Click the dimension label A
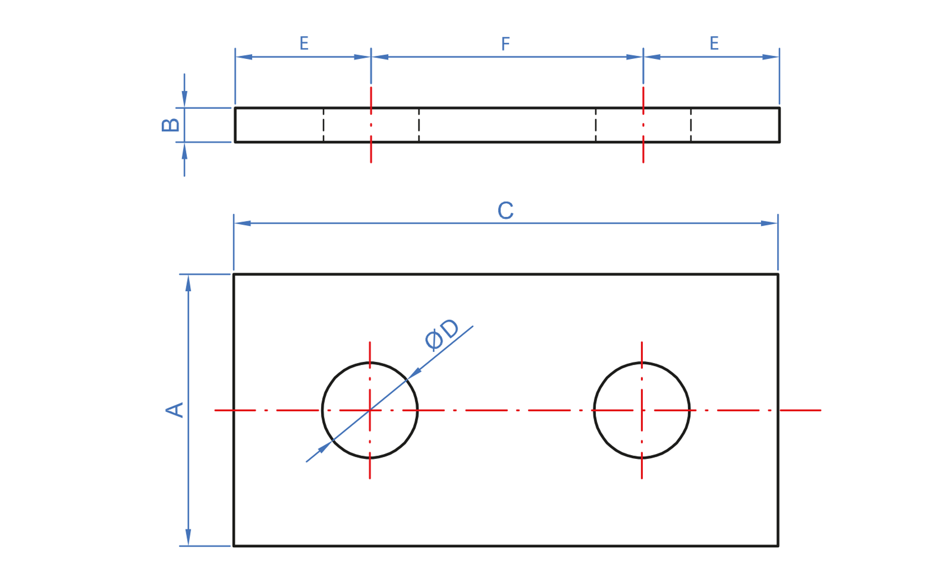click(x=175, y=410)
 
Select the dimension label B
click(x=171, y=125)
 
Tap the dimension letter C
click(x=505, y=210)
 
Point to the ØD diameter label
click(x=442, y=334)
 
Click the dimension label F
click(x=505, y=44)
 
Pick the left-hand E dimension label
click(x=304, y=43)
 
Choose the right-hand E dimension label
click(x=714, y=43)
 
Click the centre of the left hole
click(x=370, y=410)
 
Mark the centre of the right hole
click(x=642, y=410)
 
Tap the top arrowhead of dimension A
click(x=188, y=283)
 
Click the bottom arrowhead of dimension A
click(x=188, y=538)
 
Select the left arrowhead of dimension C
click(x=242, y=223)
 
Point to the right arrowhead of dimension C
click(x=770, y=223)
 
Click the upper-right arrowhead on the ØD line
click(x=415, y=372)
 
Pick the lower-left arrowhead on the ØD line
click(x=324, y=448)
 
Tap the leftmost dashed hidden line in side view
click(x=323, y=125)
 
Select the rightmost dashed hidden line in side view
click(x=691, y=125)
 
